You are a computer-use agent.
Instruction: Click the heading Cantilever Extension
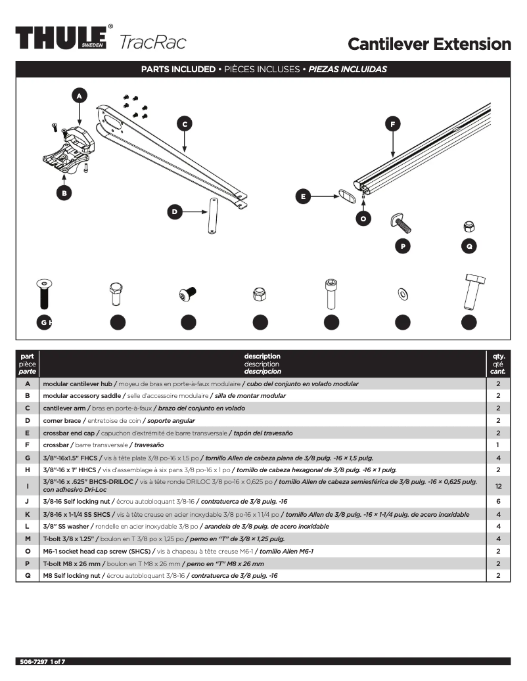pyautogui.click(x=428, y=44)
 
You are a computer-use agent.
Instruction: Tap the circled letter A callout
pyautogui.click(x=80, y=96)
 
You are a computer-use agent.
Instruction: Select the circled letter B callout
pyautogui.click(x=64, y=193)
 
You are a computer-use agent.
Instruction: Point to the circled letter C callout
pyautogui.click(x=185, y=123)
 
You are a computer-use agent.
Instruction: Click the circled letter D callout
pyautogui.click(x=175, y=211)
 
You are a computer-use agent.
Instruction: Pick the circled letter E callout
pyautogui.click(x=303, y=196)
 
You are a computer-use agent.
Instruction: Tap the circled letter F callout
pyautogui.click(x=392, y=123)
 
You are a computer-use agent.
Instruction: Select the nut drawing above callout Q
pyautogui.click(x=469, y=227)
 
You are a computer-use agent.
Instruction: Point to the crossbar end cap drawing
pyautogui.click(x=346, y=196)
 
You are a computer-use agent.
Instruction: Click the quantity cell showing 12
pyautogui.click(x=498, y=486)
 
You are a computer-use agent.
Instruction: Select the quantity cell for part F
pyautogui.click(x=498, y=445)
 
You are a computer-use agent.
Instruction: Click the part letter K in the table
pyautogui.click(x=28, y=514)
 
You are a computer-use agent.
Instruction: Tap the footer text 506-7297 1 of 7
pyautogui.click(x=41, y=661)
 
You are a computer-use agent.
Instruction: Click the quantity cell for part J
pyautogui.click(x=498, y=502)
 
